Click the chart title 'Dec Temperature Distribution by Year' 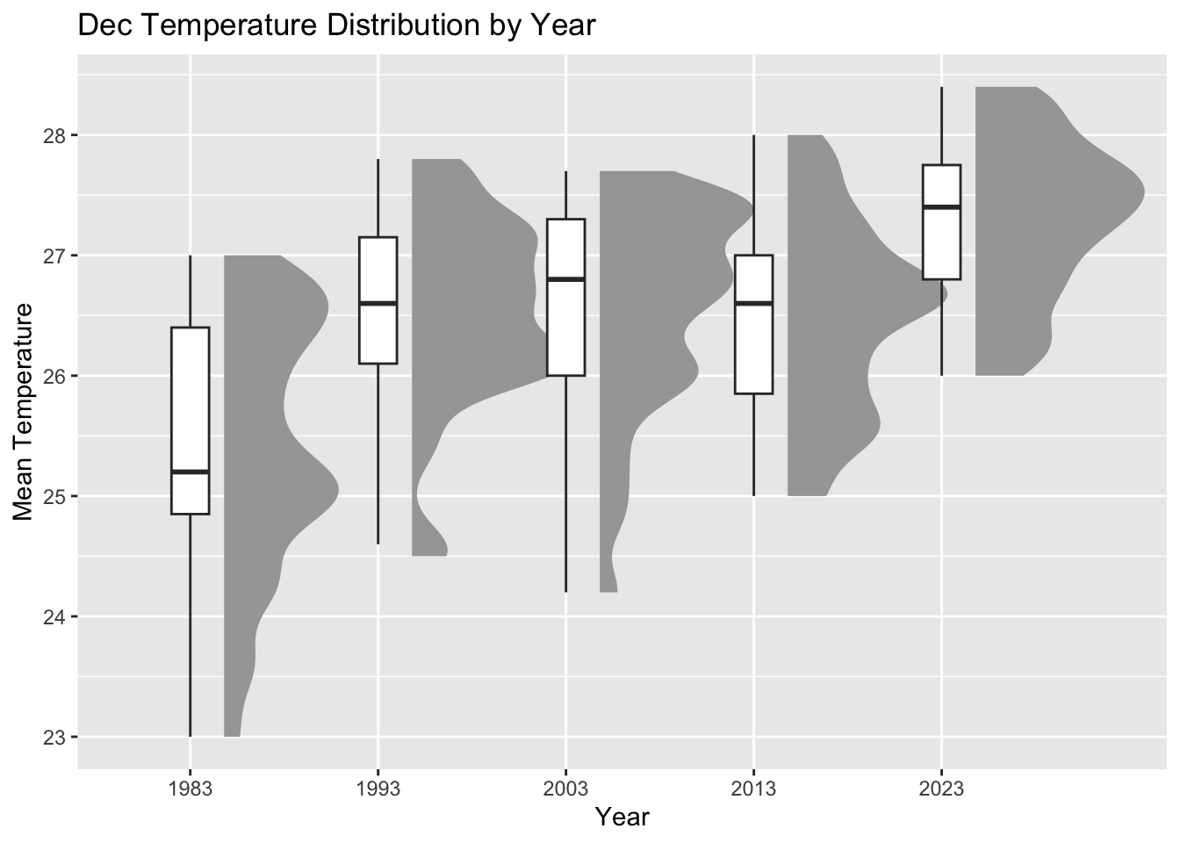[x=337, y=25]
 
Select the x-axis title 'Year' [x=622, y=817]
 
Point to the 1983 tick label [x=190, y=789]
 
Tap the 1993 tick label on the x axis [x=378, y=789]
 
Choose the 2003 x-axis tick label [x=565, y=789]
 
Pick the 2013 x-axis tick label [x=753, y=789]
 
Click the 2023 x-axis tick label [x=941, y=789]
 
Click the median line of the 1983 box [x=190, y=472]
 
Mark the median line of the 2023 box [x=941, y=207]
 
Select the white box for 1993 [x=378, y=334]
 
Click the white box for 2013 [x=753, y=351]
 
